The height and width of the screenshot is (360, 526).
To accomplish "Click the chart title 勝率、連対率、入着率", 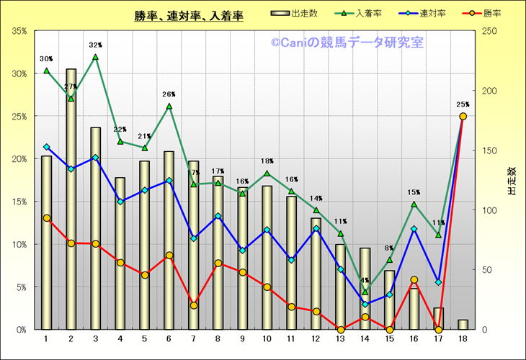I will [x=188, y=16].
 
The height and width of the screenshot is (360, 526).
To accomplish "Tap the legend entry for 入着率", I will [x=355, y=13].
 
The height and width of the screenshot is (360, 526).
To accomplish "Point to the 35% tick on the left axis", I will [x=19, y=32].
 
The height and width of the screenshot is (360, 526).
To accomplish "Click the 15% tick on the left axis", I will [x=19, y=202].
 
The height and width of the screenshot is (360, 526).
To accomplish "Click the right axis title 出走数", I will [x=512, y=181].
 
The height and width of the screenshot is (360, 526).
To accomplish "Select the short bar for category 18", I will [x=463, y=325].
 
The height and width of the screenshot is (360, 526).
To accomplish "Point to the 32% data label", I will [x=95, y=45].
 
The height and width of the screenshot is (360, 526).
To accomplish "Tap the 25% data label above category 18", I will [x=463, y=104].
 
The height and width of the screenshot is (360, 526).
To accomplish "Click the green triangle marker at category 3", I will [x=95, y=57].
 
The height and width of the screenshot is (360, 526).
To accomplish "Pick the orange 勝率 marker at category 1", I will [x=46, y=218].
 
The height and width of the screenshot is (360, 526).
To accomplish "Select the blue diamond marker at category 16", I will [x=414, y=229].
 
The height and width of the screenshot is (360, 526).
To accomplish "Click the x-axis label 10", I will [x=267, y=338].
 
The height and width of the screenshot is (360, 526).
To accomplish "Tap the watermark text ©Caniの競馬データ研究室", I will [x=347, y=43].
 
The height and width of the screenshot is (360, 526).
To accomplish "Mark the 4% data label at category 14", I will [x=365, y=281].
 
